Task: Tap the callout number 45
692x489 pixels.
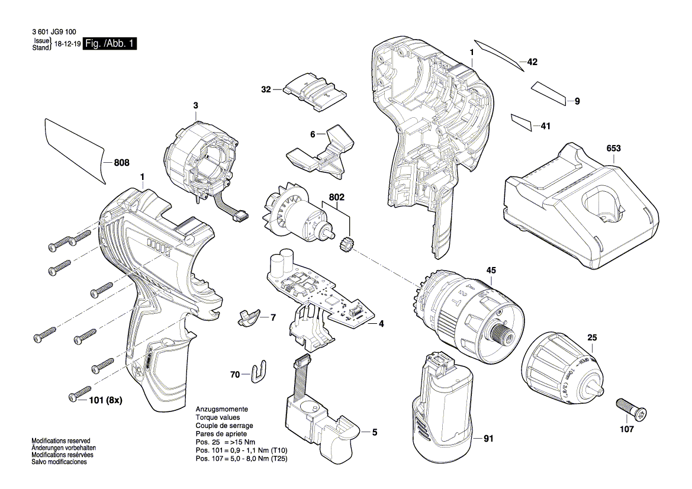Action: coord(491,271)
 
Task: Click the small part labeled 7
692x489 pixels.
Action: coord(249,316)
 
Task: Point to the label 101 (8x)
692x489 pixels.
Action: coord(105,400)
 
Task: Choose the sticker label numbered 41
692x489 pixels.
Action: coord(521,121)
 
